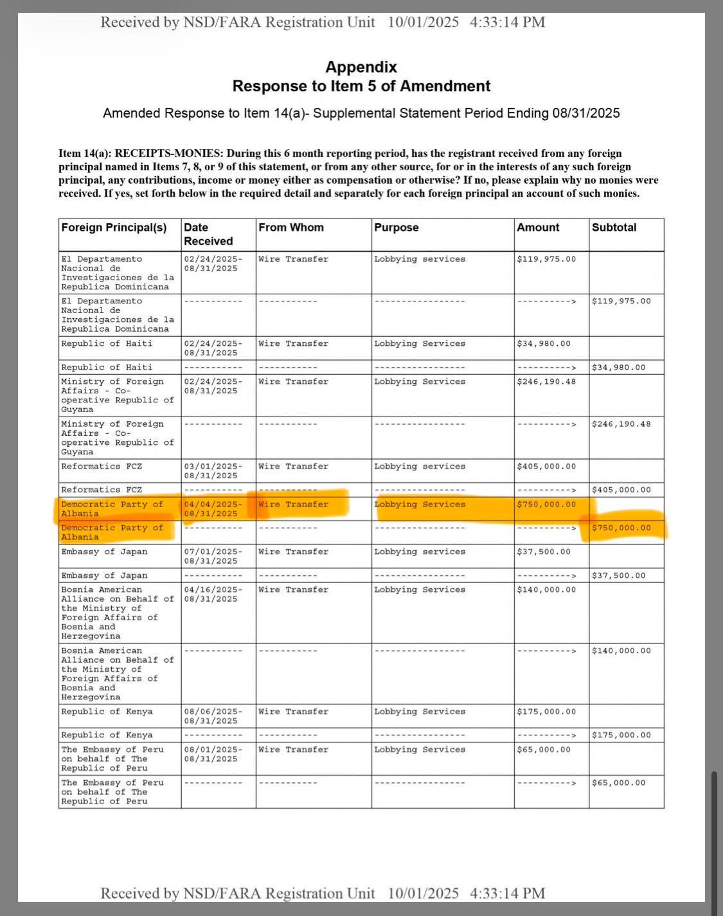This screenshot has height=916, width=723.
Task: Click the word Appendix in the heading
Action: [361, 67]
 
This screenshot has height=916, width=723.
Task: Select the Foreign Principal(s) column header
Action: [114, 228]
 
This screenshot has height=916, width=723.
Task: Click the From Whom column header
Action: [291, 228]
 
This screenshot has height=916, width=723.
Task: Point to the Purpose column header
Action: [397, 228]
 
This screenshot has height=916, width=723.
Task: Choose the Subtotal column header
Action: [614, 228]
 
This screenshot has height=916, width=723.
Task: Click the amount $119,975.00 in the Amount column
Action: [546, 259]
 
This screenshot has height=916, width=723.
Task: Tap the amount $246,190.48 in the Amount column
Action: [546, 382]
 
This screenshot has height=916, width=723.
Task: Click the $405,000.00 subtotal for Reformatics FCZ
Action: [621, 490]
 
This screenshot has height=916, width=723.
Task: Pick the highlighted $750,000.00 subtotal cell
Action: [621, 528]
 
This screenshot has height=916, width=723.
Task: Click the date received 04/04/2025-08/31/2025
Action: [213, 509]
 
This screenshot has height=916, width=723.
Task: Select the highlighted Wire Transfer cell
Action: [293, 505]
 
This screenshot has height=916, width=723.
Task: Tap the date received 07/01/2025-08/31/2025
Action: [213, 557]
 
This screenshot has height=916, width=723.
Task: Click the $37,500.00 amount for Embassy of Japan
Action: [544, 552]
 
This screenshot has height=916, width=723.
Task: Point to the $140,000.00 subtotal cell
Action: [621, 651]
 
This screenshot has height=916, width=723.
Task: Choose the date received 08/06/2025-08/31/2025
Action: [213, 716]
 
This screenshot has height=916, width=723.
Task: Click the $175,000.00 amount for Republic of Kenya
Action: [546, 712]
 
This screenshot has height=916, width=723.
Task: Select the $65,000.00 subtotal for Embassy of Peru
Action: [618, 783]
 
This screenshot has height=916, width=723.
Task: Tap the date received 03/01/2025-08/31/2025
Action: [213, 471]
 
